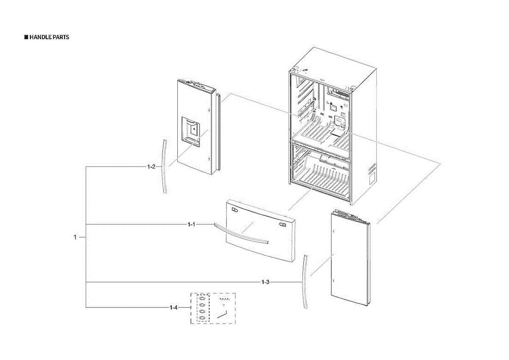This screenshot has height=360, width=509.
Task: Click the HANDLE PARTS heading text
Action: coord(49,37)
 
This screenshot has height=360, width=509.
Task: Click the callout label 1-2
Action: coord(151,167)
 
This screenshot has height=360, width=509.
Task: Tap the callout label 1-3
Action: coord(265,282)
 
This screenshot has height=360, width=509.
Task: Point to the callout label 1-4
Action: coord(173,307)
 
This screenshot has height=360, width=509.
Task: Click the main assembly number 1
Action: coord(75,237)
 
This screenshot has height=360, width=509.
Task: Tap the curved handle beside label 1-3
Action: coord(305,282)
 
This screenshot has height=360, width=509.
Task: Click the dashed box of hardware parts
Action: coord(213,308)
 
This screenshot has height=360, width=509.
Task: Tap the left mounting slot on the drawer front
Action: coord(235,209)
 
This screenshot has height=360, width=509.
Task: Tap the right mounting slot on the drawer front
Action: coord(282,224)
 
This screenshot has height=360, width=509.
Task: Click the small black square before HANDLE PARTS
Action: coord(26,37)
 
